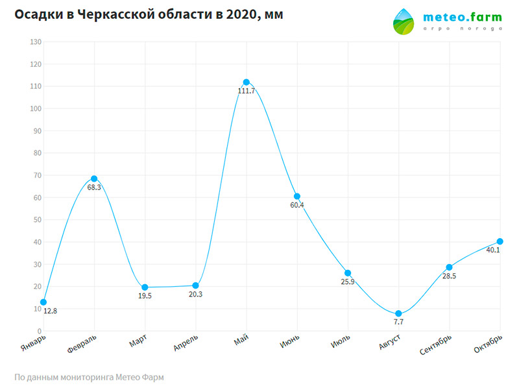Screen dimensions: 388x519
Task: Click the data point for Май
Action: coord(247,82)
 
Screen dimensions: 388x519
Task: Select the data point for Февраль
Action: coord(94,178)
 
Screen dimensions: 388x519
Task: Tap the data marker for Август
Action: coord(398,314)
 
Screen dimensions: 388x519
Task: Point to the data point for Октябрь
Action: coord(500,241)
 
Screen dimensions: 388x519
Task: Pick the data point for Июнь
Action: coord(297,196)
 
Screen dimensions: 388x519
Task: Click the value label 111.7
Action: coord(247,91)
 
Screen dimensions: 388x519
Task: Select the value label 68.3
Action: coord(94,188)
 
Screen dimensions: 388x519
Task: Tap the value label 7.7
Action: coord(398,323)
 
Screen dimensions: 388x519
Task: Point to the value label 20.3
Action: coord(196,295)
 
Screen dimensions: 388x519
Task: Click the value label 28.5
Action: coord(449,276)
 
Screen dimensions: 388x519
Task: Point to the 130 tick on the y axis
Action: coord(35,42)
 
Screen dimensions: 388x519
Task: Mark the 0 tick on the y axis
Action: coord(39,331)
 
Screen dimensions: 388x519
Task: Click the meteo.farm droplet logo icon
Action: coord(407,23)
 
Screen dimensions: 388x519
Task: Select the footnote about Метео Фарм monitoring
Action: coord(89,377)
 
